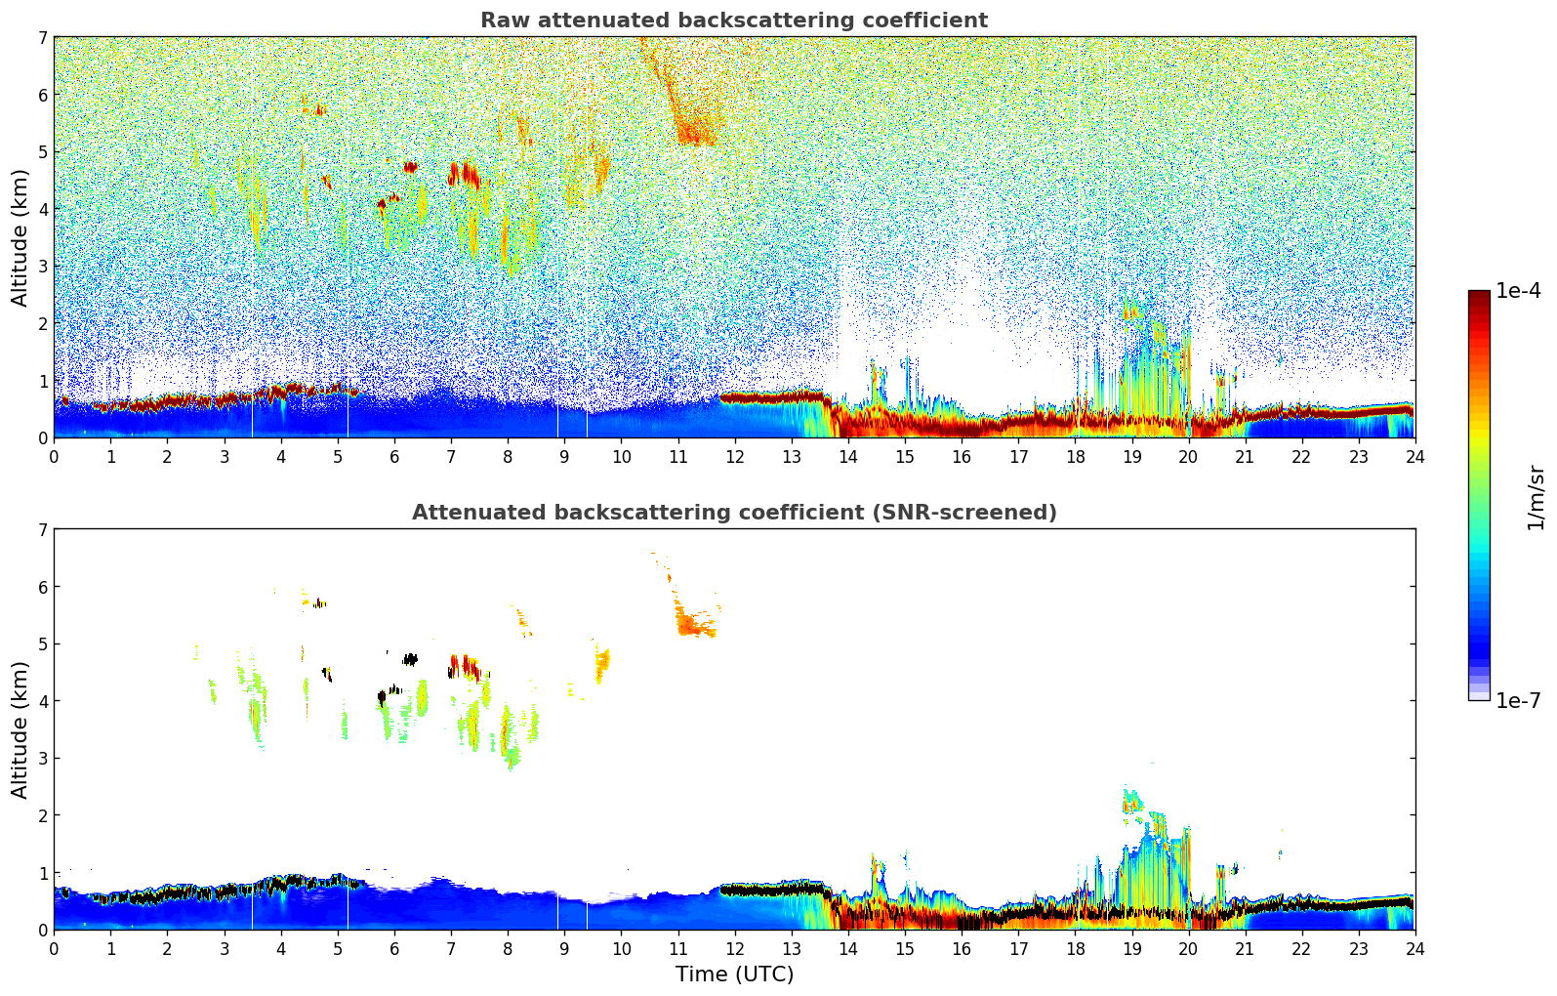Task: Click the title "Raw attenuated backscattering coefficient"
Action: click(x=733, y=21)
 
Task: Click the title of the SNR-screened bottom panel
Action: click(x=733, y=513)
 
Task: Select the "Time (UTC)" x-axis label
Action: click(x=734, y=974)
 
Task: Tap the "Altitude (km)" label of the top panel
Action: click(x=20, y=237)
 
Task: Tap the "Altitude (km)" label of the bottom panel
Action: click(x=20, y=729)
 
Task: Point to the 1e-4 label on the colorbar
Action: click(x=1518, y=291)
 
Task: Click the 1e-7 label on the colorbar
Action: click(x=1518, y=700)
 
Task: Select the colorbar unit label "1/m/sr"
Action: click(x=1536, y=497)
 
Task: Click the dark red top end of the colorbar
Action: click(x=1479, y=296)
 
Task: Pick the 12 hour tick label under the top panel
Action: click(x=734, y=456)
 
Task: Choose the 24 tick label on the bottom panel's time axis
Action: click(x=1414, y=948)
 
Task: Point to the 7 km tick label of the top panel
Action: click(x=42, y=38)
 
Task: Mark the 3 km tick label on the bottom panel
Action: click(x=42, y=759)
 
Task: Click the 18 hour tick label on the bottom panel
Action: click(x=1075, y=948)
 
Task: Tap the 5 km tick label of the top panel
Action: click(x=42, y=152)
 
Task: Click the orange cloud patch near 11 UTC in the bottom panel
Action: click(x=695, y=623)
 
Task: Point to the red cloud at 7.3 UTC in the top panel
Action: click(x=466, y=175)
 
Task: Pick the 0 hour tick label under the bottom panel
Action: click(x=54, y=948)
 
